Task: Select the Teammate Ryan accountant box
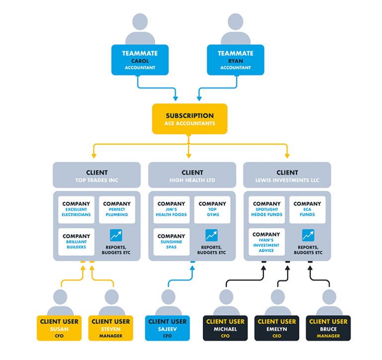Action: click(235, 60)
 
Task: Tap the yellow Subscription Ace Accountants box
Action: click(190, 119)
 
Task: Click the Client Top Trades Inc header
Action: click(96, 176)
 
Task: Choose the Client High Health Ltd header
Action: click(192, 176)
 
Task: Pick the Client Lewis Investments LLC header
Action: click(287, 176)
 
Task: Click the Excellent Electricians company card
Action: click(76, 209)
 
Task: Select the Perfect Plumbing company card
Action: click(117, 209)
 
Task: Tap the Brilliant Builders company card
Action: click(76, 242)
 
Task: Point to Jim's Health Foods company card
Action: click(172, 209)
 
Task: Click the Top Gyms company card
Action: click(212, 209)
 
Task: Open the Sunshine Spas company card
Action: click(172, 242)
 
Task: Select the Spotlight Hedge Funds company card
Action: click(267, 209)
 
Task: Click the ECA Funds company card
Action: click(307, 209)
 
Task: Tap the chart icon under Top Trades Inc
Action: click(116, 235)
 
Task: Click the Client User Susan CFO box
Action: click(59, 328)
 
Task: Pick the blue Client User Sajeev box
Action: click(167, 328)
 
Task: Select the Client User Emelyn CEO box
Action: click(277, 328)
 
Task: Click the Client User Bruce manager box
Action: click(328, 328)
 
